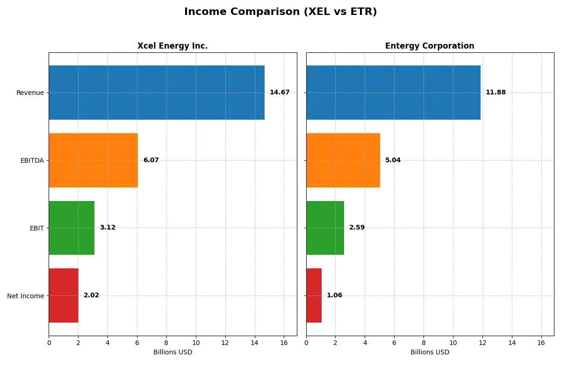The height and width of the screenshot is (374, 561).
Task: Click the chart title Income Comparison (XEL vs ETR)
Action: tap(280, 12)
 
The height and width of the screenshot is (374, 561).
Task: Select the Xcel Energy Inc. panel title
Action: tap(173, 46)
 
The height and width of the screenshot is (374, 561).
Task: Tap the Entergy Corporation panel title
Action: tap(430, 46)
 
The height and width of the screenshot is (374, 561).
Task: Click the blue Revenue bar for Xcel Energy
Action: tap(157, 93)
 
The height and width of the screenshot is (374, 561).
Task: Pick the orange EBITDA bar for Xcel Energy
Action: tap(93, 160)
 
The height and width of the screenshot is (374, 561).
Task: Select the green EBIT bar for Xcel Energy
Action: tap(72, 228)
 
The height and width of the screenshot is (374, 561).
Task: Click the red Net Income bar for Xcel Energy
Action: tap(64, 295)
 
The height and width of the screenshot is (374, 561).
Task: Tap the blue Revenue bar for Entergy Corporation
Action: tap(393, 93)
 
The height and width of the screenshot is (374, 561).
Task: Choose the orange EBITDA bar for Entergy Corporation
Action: tap(343, 160)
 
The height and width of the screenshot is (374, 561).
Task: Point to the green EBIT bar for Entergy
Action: tap(325, 228)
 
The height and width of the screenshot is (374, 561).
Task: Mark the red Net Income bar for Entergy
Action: tap(314, 295)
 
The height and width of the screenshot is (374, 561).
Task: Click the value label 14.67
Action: tap(280, 93)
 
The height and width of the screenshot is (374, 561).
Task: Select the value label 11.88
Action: tap(496, 93)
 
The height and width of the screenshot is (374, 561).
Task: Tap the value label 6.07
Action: tap(151, 160)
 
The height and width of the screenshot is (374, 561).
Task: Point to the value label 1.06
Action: tap(334, 295)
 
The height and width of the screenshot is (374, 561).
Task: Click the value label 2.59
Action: tap(357, 228)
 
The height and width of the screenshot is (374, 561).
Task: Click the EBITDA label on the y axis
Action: tap(32, 160)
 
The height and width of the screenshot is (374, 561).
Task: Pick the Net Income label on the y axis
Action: tap(26, 296)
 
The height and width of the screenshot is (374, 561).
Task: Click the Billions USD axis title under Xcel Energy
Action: tap(173, 352)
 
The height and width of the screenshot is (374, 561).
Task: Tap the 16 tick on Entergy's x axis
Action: tap(541, 343)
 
